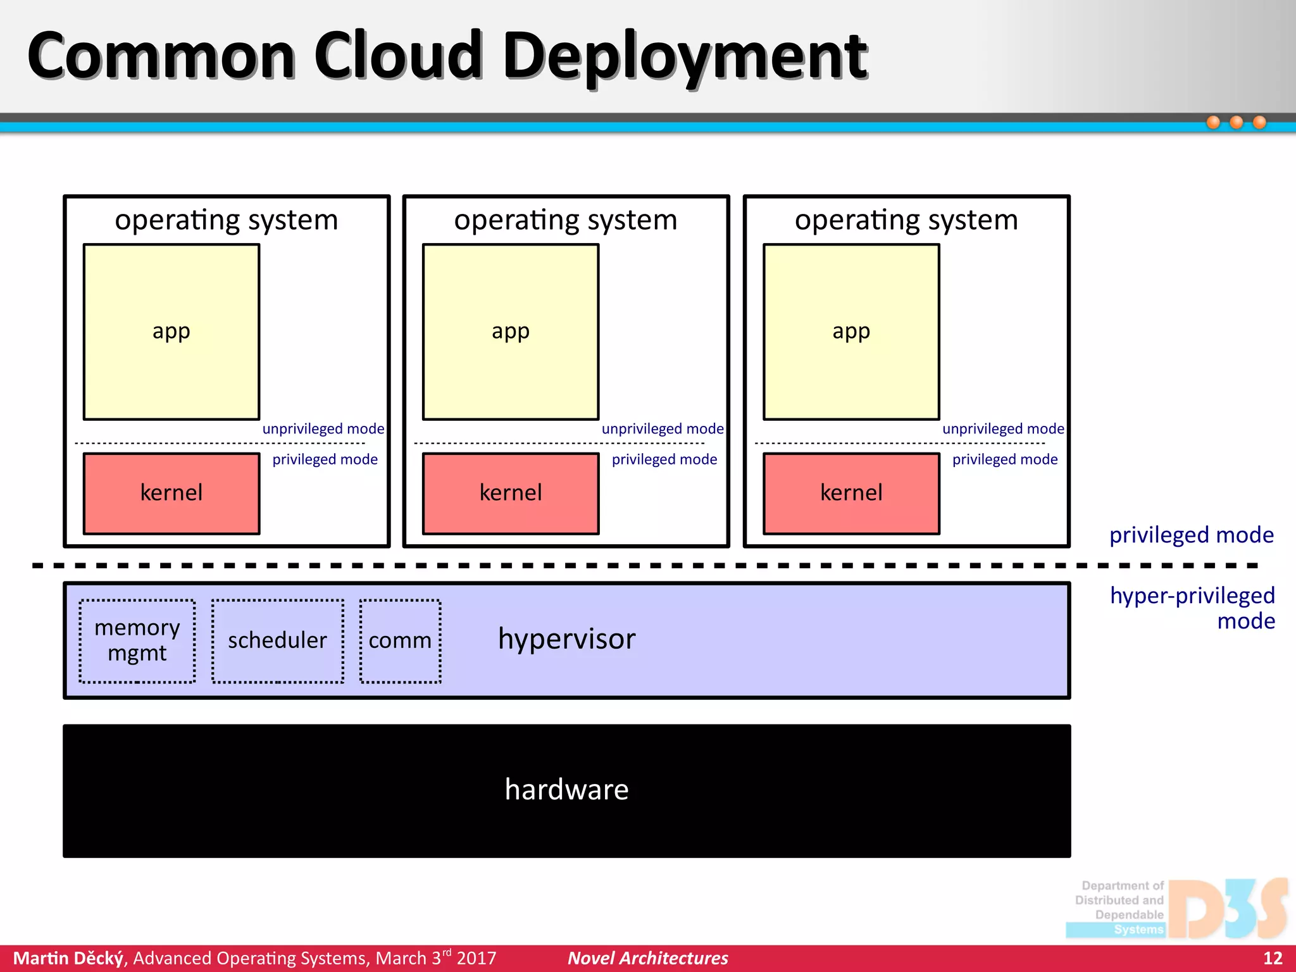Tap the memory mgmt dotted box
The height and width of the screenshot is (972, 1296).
pyautogui.click(x=137, y=640)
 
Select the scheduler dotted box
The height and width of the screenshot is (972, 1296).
pyautogui.click(x=277, y=640)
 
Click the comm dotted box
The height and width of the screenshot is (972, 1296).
pyautogui.click(x=400, y=640)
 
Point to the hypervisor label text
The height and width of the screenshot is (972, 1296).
pyautogui.click(x=566, y=639)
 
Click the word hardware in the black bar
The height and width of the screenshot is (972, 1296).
pyautogui.click(x=566, y=789)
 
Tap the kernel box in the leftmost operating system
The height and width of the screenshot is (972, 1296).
pyautogui.click(x=171, y=493)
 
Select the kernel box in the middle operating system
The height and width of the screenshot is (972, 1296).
pyautogui.click(x=511, y=493)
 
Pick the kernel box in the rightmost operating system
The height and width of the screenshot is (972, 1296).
pyautogui.click(x=851, y=493)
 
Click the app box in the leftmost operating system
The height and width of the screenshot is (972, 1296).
pyautogui.click(x=171, y=332)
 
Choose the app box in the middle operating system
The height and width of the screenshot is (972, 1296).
pyautogui.click(x=511, y=332)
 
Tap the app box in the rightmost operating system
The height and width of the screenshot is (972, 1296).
pyautogui.click(x=851, y=332)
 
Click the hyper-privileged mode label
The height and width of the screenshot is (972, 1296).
pyautogui.click(x=1193, y=607)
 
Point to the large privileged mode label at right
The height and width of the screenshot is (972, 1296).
pyautogui.click(x=1191, y=535)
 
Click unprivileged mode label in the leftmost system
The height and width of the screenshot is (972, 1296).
pyautogui.click(x=323, y=429)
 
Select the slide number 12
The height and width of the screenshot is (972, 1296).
pyautogui.click(x=1273, y=958)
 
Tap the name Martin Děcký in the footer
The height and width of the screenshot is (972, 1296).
pyautogui.click(x=68, y=958)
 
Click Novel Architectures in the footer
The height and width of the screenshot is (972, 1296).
pyautogui.click(x=647, y=958)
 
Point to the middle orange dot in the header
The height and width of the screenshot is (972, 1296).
pyautogui.click(x=1236, y=122)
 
